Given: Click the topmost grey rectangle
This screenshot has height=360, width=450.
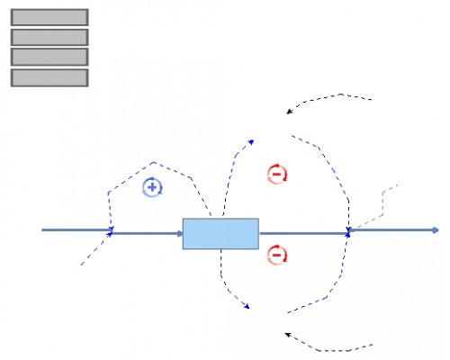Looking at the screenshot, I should coord(49,17).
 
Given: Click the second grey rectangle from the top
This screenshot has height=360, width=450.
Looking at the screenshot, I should coord(49,37).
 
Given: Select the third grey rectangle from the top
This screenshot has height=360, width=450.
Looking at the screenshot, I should coord(49,57).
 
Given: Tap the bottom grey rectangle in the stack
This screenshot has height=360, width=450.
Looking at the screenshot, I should coord(49,77).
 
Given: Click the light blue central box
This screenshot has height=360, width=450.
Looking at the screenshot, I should coord(220,233).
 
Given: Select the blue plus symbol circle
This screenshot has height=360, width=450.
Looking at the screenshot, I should coord(152,187).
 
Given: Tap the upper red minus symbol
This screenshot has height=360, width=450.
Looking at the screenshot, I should coord(277,175).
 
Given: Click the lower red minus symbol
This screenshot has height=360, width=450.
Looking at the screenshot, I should coord(277,256).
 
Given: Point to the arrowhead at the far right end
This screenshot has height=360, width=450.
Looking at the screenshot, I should coord(436,230).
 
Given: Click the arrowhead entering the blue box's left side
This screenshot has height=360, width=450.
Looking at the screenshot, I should coord(179,232).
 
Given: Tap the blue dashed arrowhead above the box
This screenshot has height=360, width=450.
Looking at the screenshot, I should coord(251,141).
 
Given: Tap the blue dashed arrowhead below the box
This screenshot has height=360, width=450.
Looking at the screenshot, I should coord(246,310).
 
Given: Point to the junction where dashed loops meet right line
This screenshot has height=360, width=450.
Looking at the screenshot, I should coord(348,231).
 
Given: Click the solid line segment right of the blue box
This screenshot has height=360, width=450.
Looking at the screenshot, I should coord(301,232).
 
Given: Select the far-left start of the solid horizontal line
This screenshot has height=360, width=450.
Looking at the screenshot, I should coord(43,230).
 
